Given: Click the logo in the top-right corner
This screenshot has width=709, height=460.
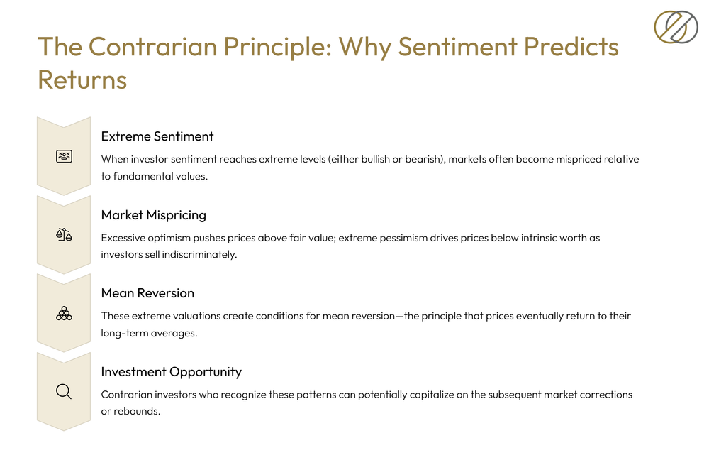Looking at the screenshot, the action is coord(676,27).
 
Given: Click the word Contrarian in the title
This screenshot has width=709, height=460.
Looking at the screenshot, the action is coord(153,47).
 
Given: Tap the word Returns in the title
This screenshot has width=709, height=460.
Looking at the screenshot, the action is coord(82,80).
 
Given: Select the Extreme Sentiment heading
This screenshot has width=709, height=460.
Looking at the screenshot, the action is coord(157,136).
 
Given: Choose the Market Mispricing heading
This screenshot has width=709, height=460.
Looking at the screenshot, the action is coord(154,215).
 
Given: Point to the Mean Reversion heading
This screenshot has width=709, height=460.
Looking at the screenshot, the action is coord(148,293).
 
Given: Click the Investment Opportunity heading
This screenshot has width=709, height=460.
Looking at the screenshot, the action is coord(172,372).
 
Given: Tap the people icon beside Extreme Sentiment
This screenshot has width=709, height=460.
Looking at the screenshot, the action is coord(65,157).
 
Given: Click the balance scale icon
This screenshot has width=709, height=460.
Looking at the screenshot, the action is coord(65,234).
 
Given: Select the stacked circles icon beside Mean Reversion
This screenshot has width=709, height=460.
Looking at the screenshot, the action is coord(65,313).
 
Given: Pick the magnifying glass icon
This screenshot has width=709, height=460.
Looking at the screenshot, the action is coord(64,392).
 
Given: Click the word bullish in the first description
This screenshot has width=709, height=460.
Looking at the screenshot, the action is coord(375,160).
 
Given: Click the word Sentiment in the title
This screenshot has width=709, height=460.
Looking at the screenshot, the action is coord(457,47).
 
